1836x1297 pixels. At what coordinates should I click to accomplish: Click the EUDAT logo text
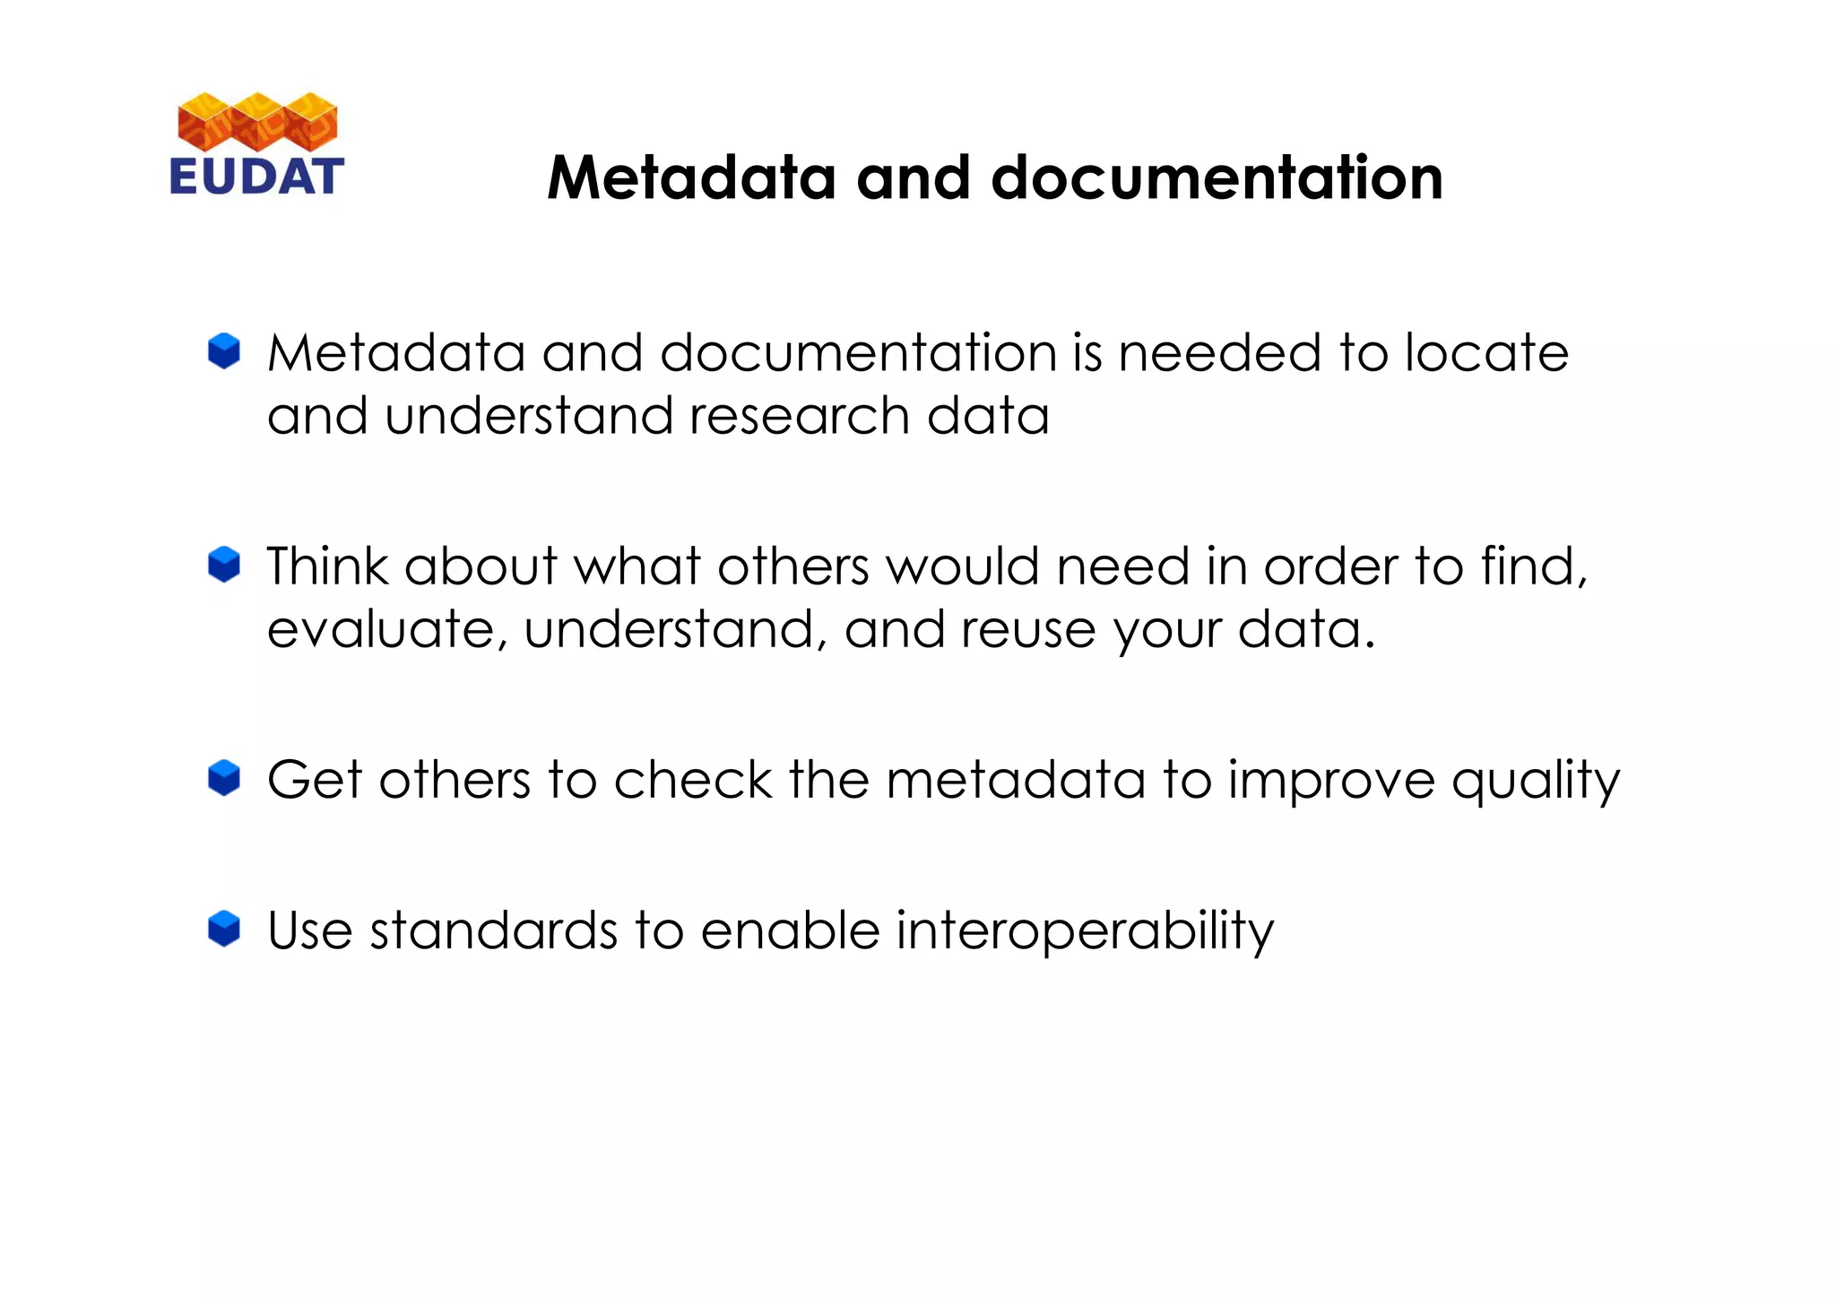click(x=256, y=177)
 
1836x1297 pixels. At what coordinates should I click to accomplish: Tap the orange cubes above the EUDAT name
click(x=257, y=121)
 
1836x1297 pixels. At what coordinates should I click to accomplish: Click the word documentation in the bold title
click(x=1217, y=177)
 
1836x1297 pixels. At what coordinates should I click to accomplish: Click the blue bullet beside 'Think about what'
click(x=224, y=565)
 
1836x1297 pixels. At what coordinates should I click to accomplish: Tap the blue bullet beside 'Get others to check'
click(x=224, y=778)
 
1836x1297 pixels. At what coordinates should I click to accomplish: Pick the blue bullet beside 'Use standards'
click(x=224, y=929)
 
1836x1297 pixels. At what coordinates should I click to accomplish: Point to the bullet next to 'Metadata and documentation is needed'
click(x=224, y=351)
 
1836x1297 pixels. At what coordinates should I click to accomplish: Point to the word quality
click(x=1535, y=781)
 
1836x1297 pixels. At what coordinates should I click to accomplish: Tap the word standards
click(x=493, y=930)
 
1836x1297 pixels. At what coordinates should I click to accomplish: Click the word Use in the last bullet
click(x=309, y=930)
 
